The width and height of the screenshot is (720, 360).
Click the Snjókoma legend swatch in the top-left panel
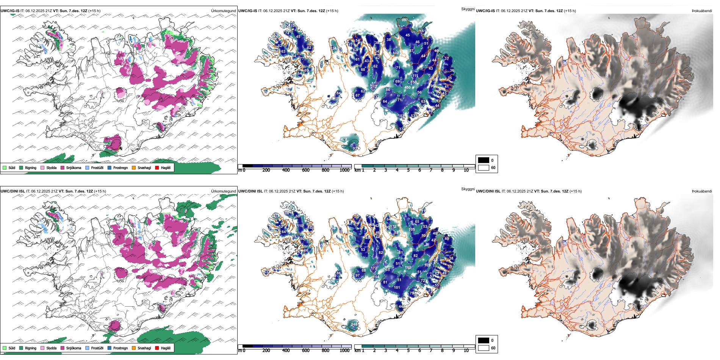pyautogui.click(x=63, y=167)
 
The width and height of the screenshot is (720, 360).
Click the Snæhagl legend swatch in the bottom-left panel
pyautogui.click(x=134, y=348)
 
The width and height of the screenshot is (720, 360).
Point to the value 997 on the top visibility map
pyautogui.click(x=405, y=20)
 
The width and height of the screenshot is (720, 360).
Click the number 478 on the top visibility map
pyautogui.click(x=344, y=139)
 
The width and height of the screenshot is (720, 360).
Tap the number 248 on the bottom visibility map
pyautogui.click(x=354, y=324)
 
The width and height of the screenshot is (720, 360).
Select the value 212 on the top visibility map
pyautogui.click(x=374, y=87)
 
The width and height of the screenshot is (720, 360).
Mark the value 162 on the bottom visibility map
pyautogui.click(x=408, y=268)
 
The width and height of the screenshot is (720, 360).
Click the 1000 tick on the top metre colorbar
pyautogui.click(x=344, y=170)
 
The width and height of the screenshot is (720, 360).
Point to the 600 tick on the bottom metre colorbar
pyautogui.click(x=306, y=351)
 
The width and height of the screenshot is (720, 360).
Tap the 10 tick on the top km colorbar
pyautogui.click(x=466, y=170)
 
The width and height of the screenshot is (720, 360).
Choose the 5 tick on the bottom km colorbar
pyautogui.click(x=409, y=351)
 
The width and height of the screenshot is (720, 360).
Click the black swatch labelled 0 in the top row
pyautogui.click(x=484, y=160)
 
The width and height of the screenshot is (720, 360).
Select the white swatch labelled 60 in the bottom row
pyautogui.click(x=484, y=348)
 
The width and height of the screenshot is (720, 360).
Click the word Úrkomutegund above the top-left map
pyautogui.click(x=223, y=11)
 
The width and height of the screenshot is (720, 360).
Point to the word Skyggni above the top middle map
pyautogui.click(x=468, y=9)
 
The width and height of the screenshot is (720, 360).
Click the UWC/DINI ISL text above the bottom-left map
pyautogui.click(x=13, y=191)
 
